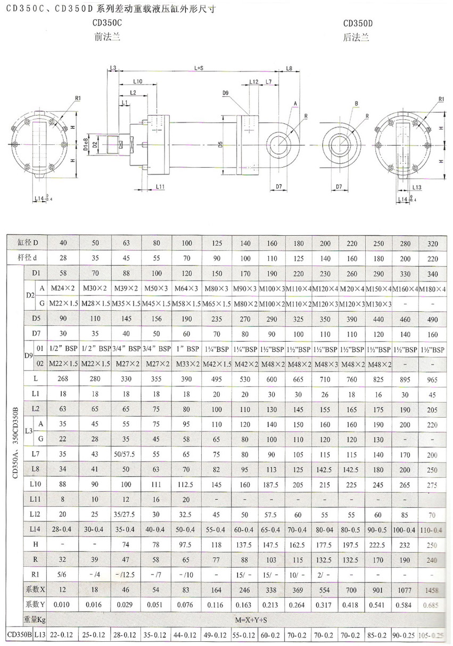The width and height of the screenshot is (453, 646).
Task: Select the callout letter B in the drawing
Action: [x=356, y=103]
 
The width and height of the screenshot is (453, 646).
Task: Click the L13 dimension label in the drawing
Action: [x=417, y=187]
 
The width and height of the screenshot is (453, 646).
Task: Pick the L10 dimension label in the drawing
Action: [x=137, y=81]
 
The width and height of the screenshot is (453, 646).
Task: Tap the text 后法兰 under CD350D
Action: [x=356, y=38]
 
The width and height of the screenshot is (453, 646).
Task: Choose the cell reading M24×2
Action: [x=63, y=288]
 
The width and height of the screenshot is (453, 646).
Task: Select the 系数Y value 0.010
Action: [x=63, y=604]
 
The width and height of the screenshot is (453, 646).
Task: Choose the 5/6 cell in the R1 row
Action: [x=63, y=575]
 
